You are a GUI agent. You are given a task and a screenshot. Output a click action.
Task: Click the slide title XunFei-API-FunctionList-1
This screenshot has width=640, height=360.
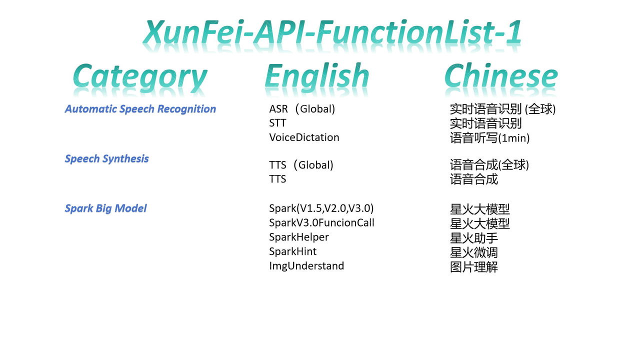(x=332, y=31)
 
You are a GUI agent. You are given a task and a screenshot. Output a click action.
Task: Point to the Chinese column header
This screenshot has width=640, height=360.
(x=501, y=75)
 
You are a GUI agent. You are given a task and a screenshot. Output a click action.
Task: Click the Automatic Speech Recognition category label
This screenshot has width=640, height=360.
(x=140, y=109)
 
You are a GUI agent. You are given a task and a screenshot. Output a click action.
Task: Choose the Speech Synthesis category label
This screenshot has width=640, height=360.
(x=106, y=159)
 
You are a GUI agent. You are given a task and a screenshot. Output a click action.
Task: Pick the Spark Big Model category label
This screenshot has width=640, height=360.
(x=105, y=208)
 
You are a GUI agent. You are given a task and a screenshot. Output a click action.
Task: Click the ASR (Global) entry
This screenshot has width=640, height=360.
(x=302, y=109)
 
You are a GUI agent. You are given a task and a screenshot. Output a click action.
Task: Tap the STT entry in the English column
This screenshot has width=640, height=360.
(x=277, y=123)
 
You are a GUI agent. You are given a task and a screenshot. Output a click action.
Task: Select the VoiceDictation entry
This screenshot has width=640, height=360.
(x=304, y=137)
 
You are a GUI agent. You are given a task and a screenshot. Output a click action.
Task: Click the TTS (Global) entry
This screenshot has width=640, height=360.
(x=301, y=165)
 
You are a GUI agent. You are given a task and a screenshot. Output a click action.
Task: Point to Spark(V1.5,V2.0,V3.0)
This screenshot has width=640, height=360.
(x=321, y=208)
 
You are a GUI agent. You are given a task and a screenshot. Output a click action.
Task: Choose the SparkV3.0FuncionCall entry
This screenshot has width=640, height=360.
(x=321, y=222)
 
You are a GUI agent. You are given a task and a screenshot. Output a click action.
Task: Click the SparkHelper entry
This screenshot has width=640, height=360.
(x=299, y=237)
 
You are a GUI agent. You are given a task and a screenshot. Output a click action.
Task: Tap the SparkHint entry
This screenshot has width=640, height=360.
(x=292, y=251)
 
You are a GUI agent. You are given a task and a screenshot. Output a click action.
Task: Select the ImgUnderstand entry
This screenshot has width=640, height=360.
(x=306, y=266)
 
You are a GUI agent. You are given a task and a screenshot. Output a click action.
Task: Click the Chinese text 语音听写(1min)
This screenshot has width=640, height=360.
(x=489, y=138)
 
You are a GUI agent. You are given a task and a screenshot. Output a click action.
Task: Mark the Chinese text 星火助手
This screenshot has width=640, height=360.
(x=473, y=238)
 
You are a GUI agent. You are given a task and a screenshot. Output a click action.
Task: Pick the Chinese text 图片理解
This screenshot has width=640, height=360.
(x=473, y=267)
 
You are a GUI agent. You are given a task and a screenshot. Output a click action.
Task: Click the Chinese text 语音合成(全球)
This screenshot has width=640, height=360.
(x=489, y=165)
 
